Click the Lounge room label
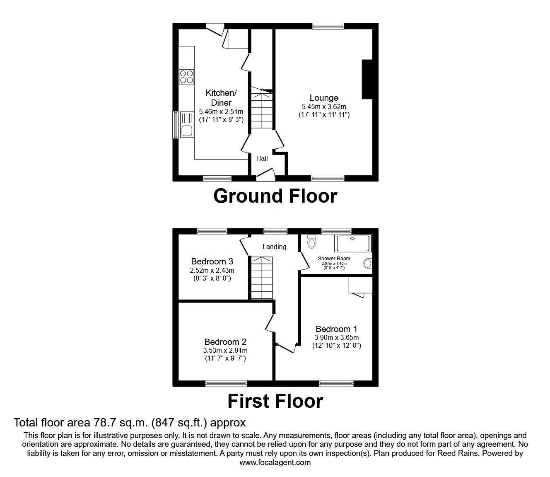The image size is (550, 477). coord(324,98)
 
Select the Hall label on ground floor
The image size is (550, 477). coord(262,158)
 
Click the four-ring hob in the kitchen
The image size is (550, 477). coord(186,76)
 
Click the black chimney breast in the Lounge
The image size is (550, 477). coord(367,79)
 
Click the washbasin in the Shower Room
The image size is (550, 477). coord(367,263)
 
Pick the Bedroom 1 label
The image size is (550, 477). coord(336,329)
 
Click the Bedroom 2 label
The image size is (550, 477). coord(225,342)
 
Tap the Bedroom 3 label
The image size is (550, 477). coord(212,262)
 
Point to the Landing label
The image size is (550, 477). coord(274,247)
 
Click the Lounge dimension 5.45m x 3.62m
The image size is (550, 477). coord(324,107)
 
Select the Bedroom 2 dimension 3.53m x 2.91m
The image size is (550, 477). coord(225,351)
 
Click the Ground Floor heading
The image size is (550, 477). coord(275,196)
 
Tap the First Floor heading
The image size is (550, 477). coord(275,401)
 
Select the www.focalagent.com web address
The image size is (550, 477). coord(275,462)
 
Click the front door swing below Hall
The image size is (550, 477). coord(266,174)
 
